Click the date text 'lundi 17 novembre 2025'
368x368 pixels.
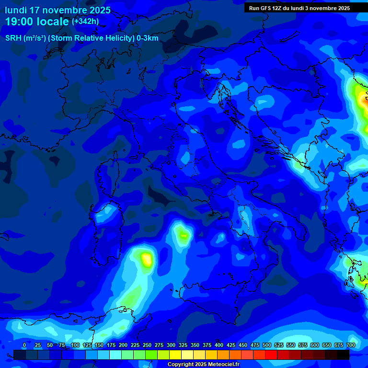[x=57, y=10]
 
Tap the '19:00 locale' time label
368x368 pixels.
[x=37, y=22]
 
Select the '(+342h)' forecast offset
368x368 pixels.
[x=85, y=22]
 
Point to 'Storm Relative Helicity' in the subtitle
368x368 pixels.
[x=91, y=38]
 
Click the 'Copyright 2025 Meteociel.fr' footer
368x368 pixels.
[x=203, y=365]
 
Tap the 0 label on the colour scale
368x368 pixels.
[x=24, y=345]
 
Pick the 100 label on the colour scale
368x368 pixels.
[x=75, y=345]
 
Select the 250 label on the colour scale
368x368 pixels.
[x=147, y=345]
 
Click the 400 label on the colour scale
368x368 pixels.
[x=219, y=345]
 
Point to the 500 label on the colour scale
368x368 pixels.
[x=267, y=345]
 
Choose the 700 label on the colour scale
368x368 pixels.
[x=351, y=345]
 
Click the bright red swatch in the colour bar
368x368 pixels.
[x=271, y=355]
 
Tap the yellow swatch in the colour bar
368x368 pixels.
[x=175, y=355]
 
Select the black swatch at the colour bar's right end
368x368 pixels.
[x=343, y=355]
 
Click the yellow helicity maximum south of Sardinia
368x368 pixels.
[x=147, y=259]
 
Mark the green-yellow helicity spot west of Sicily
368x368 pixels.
[x=183, y=234]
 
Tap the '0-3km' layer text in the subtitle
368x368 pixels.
[x=148, y=38]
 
